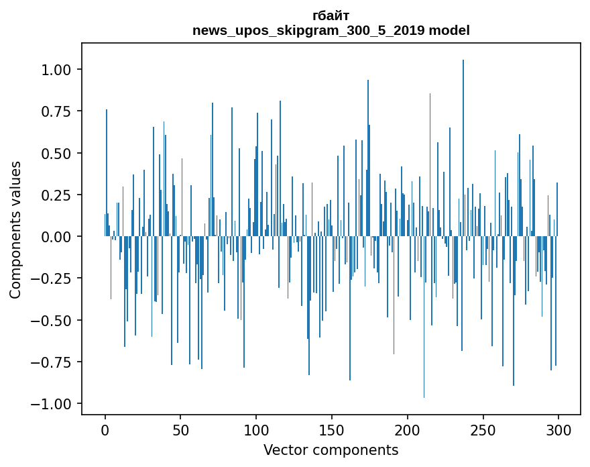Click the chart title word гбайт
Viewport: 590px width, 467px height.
pyautogui.click(x=331, y=15)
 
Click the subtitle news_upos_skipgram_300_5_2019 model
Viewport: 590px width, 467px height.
pyautogui.click(x=331, y=30)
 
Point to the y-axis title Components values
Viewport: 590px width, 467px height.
pyautogui.click(x=15, y=229)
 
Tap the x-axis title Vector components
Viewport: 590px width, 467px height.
pyautogui.click(x=331, y=450)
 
